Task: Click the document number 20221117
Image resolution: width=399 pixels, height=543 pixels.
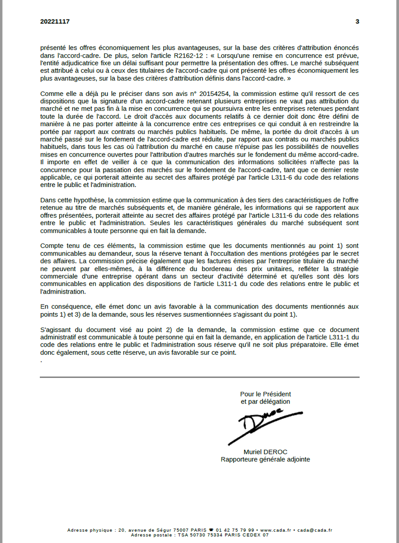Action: tap(55, 21)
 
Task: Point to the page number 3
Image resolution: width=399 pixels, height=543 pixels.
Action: tap(357, 21)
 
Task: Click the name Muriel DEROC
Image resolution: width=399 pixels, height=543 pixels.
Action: tap(265, 452)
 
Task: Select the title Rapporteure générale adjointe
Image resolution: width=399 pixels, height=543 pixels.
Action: tap(265, 459)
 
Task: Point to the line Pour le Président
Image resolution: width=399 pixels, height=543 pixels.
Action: tap(265, 394)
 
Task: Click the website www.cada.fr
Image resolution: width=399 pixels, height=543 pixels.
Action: tap(275, 530)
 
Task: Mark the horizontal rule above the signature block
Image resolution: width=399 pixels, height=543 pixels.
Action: tap(199, 377)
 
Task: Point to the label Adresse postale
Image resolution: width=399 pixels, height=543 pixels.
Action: tap(150, 535)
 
